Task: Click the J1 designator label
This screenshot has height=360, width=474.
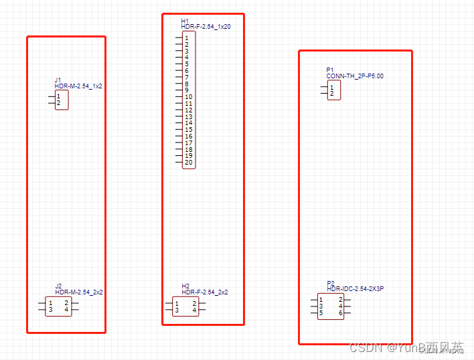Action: (x=58, y=80)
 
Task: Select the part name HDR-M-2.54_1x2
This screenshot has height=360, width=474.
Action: (x=78, y=86)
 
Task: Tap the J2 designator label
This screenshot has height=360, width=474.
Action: (x=58, y=286)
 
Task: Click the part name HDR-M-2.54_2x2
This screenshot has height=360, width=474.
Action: (x=79, y=292)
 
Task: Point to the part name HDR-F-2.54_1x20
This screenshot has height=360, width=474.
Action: (x=206, y=26)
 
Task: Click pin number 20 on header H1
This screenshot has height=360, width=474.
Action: (x=189, y=163)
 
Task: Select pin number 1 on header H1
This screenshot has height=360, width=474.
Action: (x=186, y=38)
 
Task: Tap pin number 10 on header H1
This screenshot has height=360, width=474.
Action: (x=189, y=97)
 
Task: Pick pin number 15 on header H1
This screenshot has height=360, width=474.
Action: (x=189, y=130)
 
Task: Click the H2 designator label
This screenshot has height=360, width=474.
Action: (x=185, y=286)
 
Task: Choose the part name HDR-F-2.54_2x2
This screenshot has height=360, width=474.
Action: (x=205, y=292)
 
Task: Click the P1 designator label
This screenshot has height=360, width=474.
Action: (x=330, y=70)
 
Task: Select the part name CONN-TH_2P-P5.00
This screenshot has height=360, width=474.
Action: (x=355, y=76)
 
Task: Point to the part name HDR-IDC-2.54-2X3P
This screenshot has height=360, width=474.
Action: (x=355, y=289)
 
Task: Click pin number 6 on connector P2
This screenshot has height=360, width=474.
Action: (x=341, y=312)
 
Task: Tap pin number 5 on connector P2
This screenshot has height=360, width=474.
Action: (x=321, y=312)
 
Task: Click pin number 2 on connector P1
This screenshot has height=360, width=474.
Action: (x=331, y=94)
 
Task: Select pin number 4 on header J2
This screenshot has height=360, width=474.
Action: (x=66, y=310)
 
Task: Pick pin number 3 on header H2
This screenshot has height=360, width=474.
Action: (x=177, y=310)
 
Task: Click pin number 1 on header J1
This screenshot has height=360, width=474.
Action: (x=59, y=96)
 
